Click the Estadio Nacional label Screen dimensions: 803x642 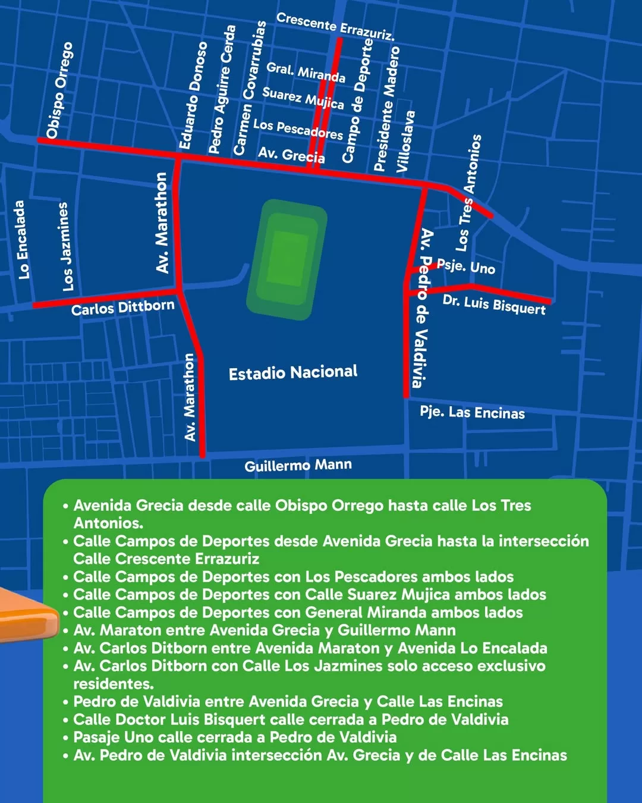click(293, 373)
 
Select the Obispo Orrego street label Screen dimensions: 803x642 click(59, 90)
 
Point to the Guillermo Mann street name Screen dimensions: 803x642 click(298, 465)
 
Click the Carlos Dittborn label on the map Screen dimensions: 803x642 click(123, 308)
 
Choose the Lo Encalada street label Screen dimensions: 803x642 click(21, 240)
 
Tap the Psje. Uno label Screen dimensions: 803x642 click(466, 266)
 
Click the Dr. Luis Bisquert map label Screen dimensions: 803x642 click(494, 305)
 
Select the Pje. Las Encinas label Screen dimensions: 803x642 click(472, 412)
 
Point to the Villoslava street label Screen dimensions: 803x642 click(406, 142)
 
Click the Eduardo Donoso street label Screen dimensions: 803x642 click(194, 95)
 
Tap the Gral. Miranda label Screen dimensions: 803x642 click(306, 72)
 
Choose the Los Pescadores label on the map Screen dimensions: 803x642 click(298, 129)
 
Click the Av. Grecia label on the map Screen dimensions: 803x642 click(291, 155)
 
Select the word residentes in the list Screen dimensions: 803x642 click(112, 684)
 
